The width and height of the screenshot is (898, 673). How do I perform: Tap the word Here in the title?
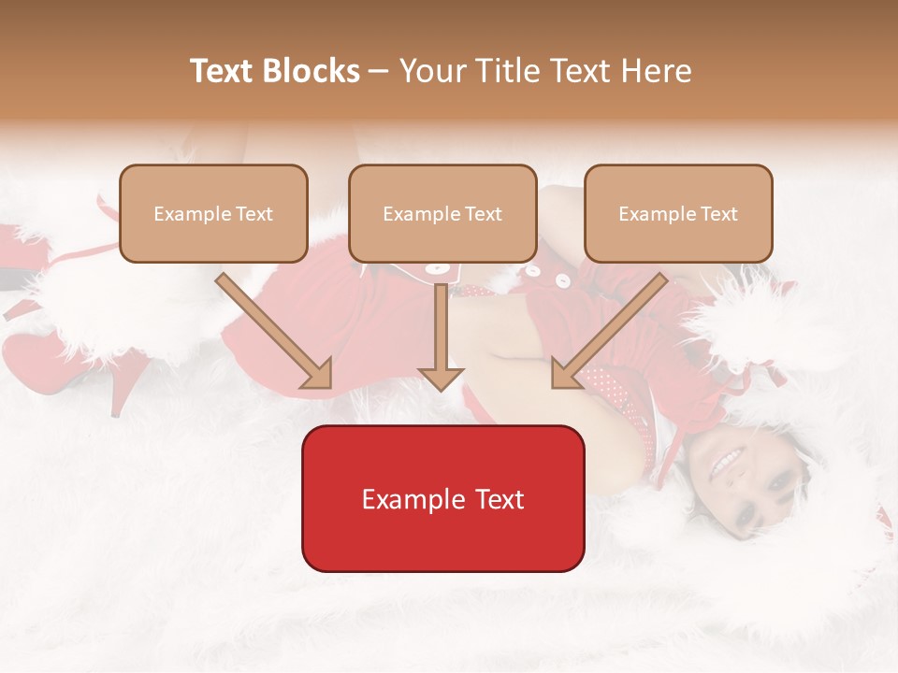click(654, 71)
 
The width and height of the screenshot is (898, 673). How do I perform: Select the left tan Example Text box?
click(213, 213)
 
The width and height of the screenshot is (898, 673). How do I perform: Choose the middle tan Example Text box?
click(442, 213)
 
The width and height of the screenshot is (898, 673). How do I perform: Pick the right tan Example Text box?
click(678, 213)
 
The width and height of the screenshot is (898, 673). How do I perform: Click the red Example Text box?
click(442, 498)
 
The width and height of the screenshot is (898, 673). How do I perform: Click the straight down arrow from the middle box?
click(441, 336)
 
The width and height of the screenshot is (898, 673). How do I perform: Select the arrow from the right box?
click(609, 329)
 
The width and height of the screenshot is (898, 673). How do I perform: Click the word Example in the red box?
click(404, 499)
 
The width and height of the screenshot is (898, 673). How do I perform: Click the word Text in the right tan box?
click(718, 214)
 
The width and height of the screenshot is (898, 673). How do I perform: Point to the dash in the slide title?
click(379, 71)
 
